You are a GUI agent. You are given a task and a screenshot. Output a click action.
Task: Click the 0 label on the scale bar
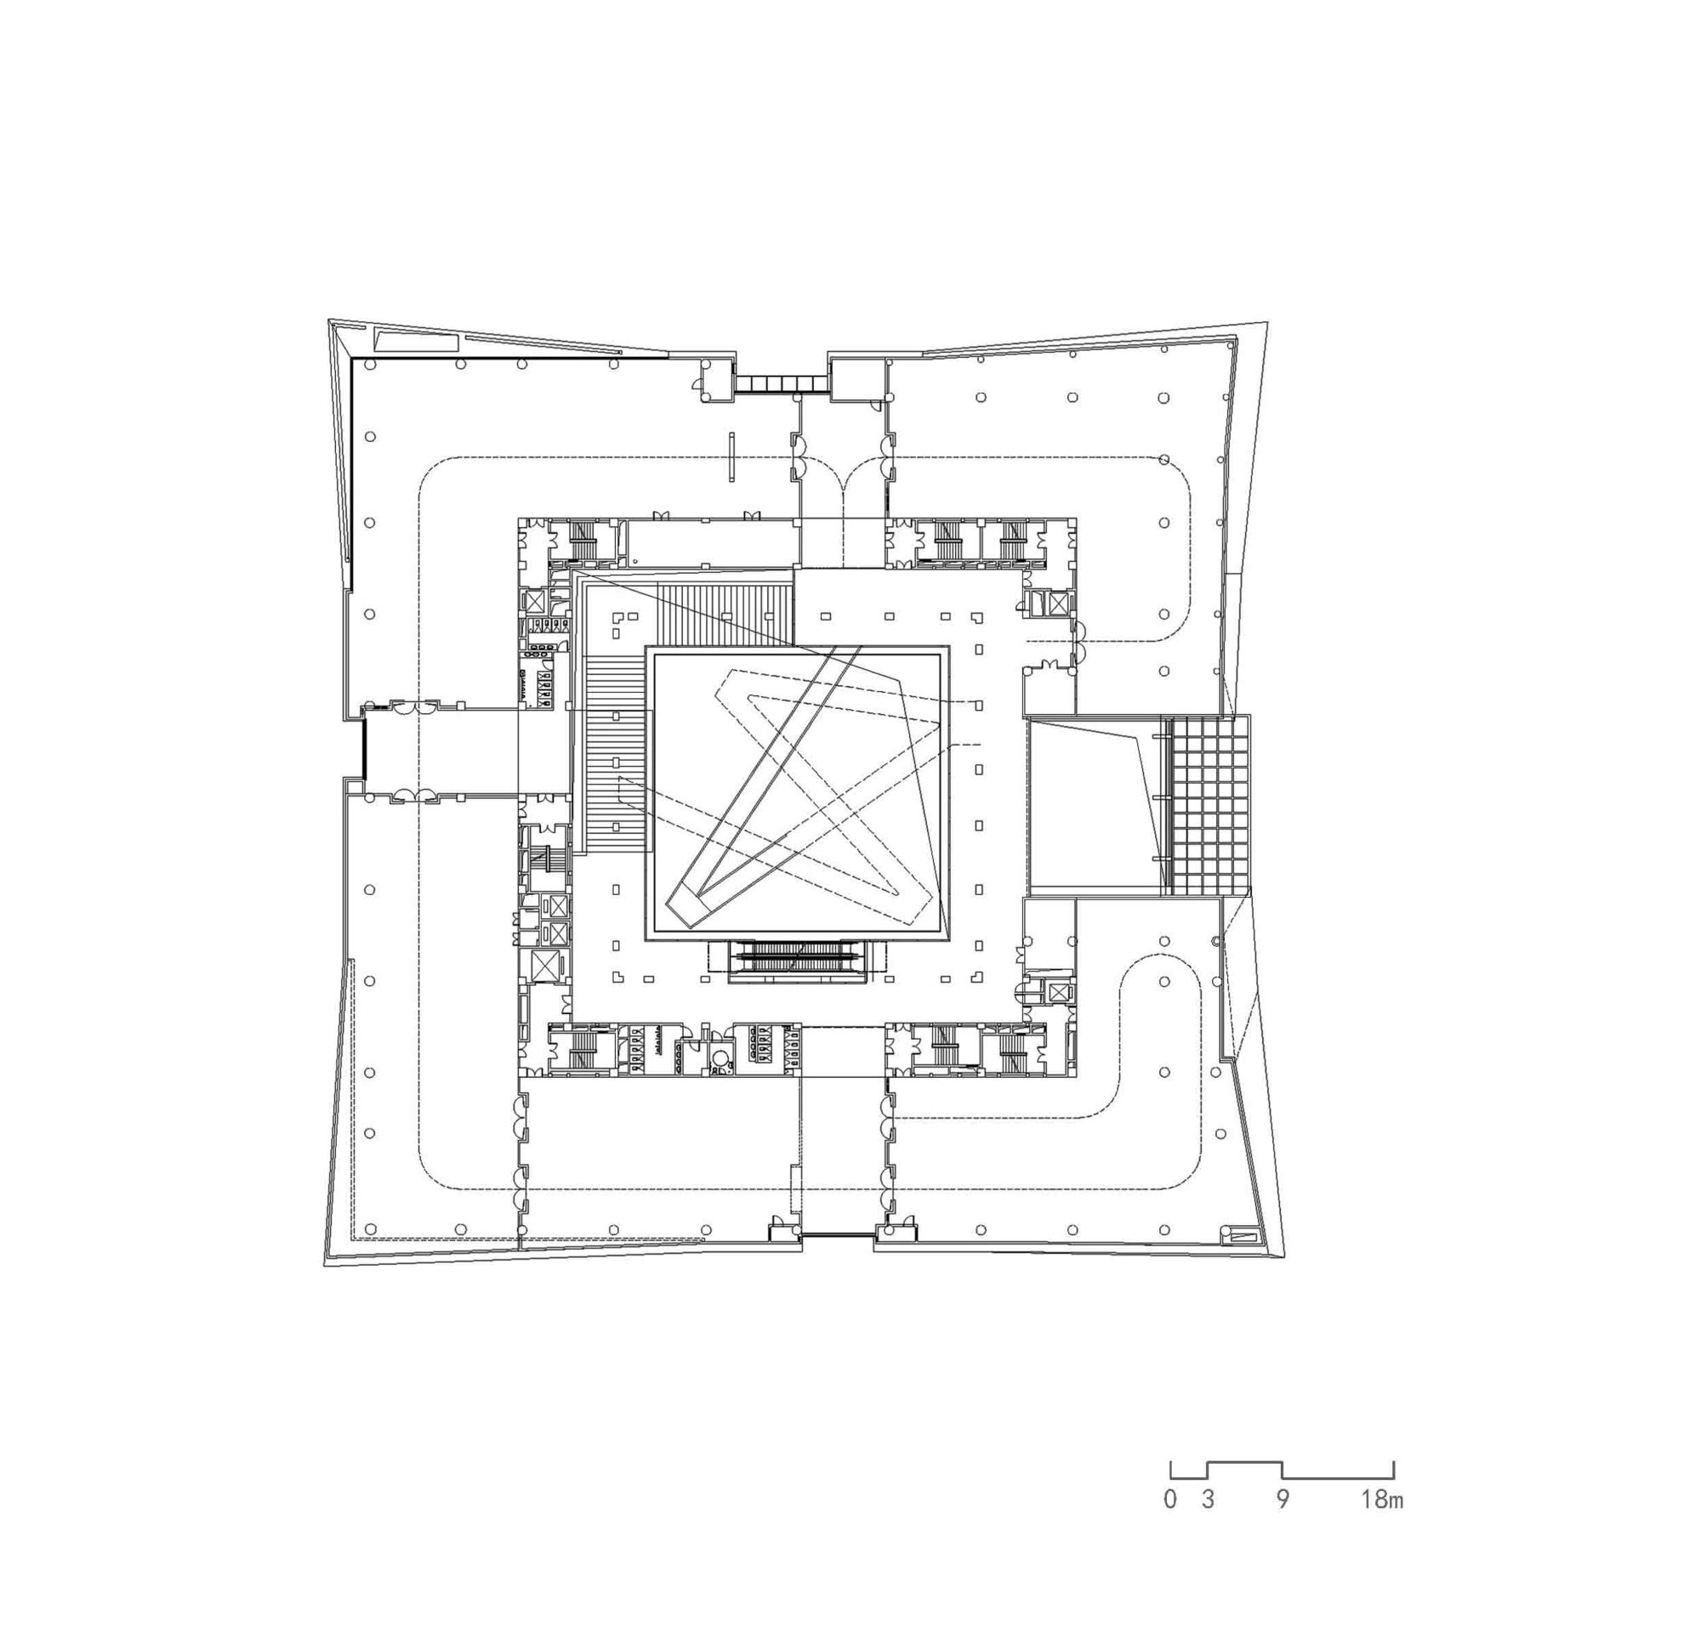click(x=1171, y=1499)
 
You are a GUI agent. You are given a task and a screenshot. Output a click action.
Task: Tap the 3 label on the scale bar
click(x=1207, y=1499)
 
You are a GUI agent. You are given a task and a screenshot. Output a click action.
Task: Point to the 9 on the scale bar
click(x=1283, y=1499)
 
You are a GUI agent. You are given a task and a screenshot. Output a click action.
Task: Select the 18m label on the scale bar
click(x=1381, y=1499)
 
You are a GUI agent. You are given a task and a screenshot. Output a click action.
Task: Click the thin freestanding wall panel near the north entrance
click(x=731, y=456)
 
